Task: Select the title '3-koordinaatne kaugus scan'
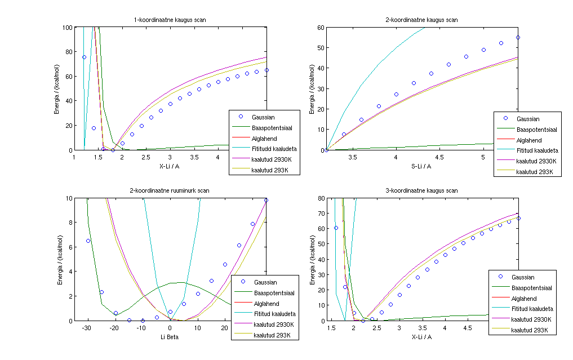pyautogui.click(x=422, y=191)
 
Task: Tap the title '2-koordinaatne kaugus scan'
pyautogui.click(x=422, y=20)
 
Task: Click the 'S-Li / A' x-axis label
pyautogui.click(x=422, y=166)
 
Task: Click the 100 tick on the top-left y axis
pyautogui.click(x=67, y=27)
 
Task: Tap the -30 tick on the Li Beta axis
pyautogui.click(x=87, y=327)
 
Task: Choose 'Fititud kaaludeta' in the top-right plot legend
pyautogui.click(x=536, y=150)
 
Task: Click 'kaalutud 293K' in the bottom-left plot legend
pyautogui.click(x=273, y=335)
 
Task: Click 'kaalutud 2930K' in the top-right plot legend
pyautogui.click(x=536, y=161)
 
